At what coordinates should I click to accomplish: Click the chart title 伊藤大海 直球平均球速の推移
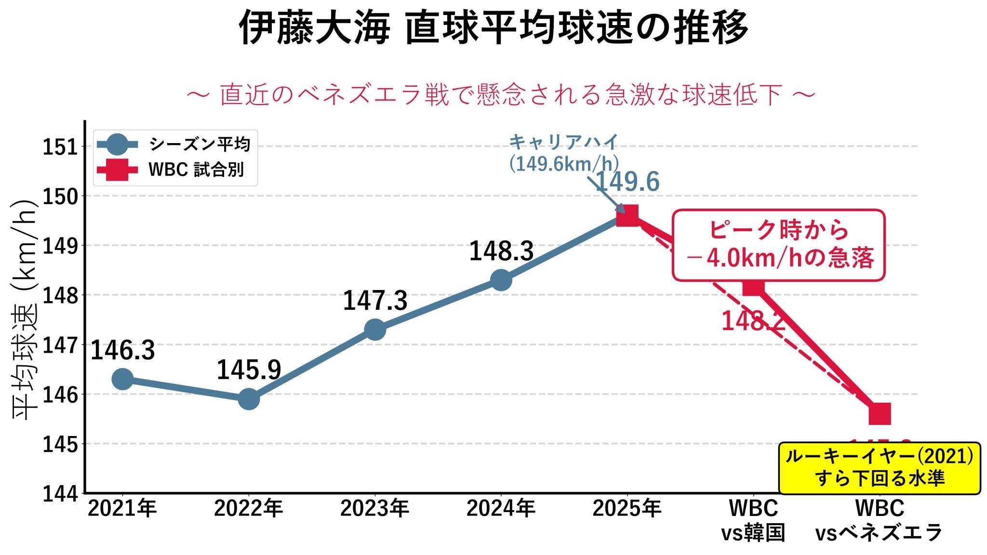[493, 28]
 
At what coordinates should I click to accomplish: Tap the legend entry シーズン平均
[199, 144]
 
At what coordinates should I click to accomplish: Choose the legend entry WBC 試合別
[196, 170]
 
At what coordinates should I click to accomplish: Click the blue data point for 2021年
[122, 379]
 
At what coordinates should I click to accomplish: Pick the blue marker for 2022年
[249, 399]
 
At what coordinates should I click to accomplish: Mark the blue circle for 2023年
[375, 330]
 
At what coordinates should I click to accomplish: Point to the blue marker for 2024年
[501, 280]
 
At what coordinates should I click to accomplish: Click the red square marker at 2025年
[627, 215]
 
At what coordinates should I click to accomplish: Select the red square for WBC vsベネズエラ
[880, 414]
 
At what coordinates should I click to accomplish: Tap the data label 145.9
[249, 370]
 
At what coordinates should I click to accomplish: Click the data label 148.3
[501, 251]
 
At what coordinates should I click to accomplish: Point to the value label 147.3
[375, 301]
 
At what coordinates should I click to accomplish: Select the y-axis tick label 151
[60, 147]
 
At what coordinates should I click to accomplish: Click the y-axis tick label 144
[60, 494]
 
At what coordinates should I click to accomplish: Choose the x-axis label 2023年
[375, 509]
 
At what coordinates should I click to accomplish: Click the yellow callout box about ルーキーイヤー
[880, 468]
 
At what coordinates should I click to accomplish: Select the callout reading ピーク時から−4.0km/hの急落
[778, 245]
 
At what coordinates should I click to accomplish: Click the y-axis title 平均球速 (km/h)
[24, 308]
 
